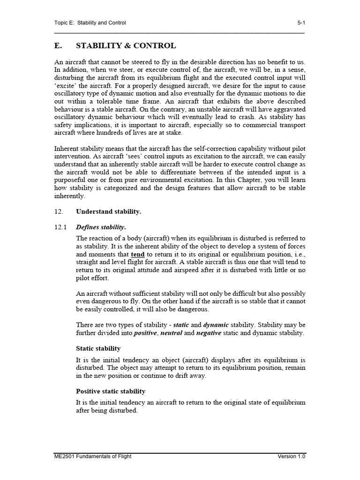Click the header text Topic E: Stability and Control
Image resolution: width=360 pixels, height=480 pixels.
[90, 22]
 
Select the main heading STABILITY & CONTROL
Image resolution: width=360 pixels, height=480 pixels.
[126, 45]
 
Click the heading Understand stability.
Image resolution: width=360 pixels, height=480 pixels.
[108, 211]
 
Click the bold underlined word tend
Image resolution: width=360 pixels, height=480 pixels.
[137, 254]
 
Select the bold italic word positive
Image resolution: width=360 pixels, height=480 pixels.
[145, 333]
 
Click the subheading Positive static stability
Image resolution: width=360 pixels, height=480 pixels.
[111, 391]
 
